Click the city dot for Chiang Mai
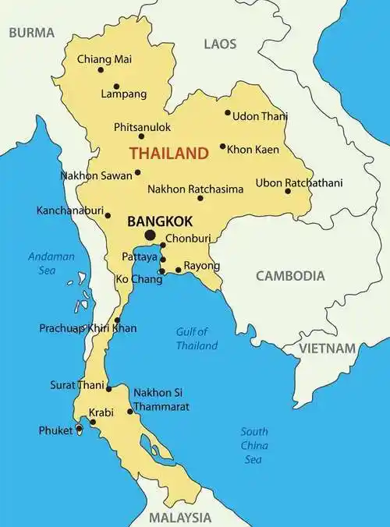point(101,69)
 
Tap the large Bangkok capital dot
point(150,235)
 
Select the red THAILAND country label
point(168,153)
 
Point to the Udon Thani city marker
point(228,112)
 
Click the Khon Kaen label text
point(253,148)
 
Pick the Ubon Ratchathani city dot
point(288,191)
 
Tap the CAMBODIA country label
point(289,275)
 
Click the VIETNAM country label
point(328,348)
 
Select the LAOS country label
point(220,44)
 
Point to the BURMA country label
point(31,33)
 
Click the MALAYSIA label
point(180,517)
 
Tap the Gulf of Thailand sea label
point(197,338)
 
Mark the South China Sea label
point(254,445)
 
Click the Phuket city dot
point(79,429)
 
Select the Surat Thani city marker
point(109,387)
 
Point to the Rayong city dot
point(179,271)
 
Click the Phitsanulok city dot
point(140,136)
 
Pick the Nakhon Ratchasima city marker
point(200,198)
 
